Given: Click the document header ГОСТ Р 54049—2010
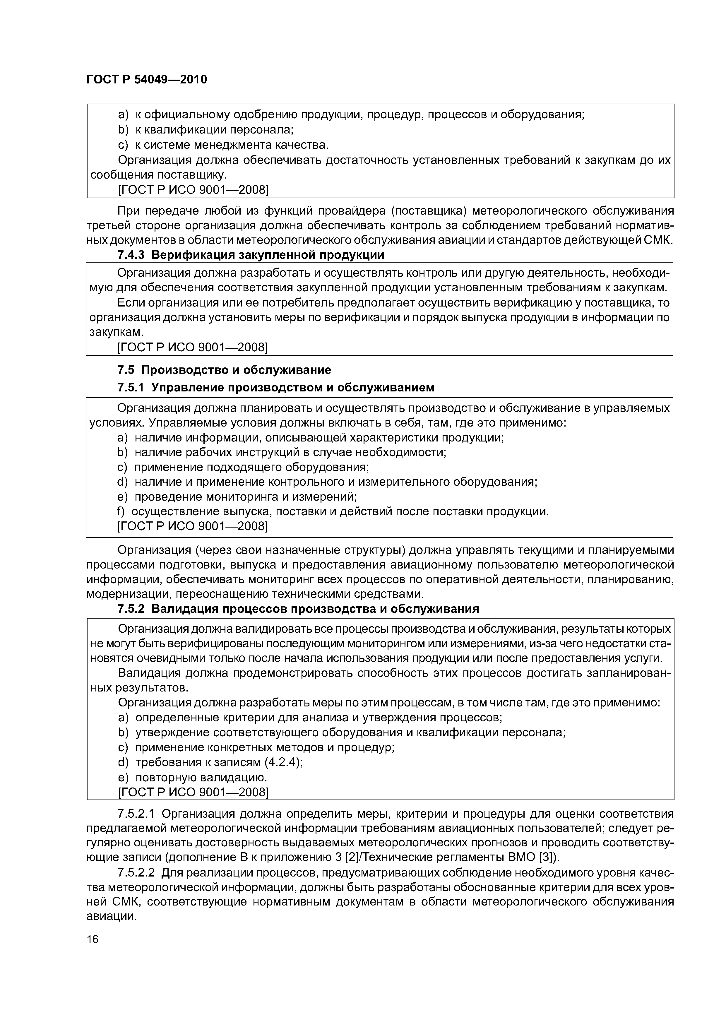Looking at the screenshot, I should pos(146,80).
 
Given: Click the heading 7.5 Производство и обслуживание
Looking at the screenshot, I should pos(224,370).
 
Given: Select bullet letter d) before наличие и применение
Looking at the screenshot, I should pos(122,482).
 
